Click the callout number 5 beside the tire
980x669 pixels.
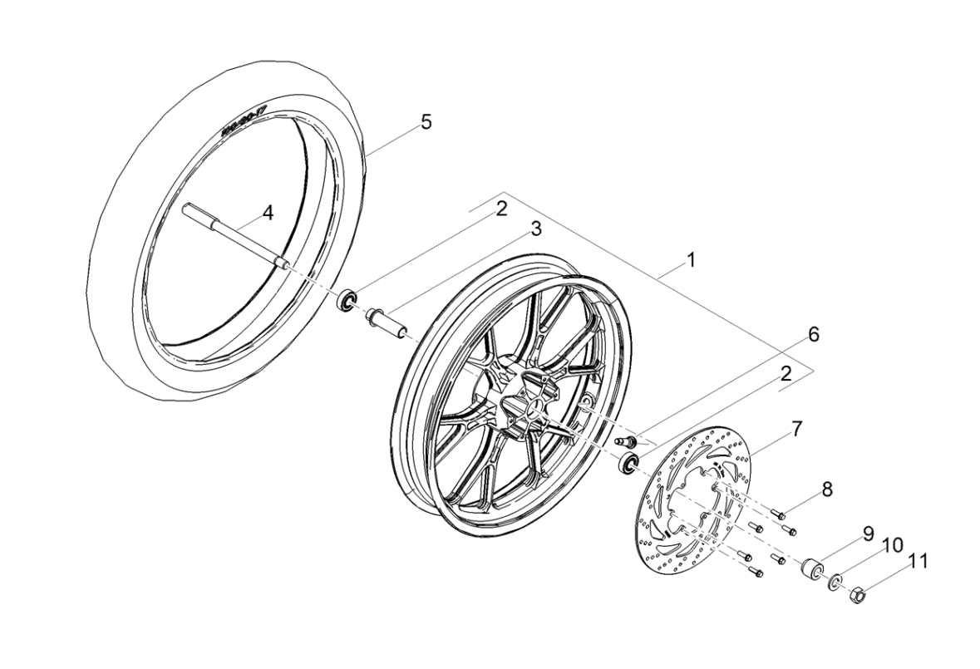426,122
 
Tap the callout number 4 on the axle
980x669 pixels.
267,214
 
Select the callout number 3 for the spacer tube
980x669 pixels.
535,229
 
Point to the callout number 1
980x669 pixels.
690,260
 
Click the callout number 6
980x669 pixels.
814,335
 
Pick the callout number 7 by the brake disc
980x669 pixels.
796,430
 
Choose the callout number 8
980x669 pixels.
827,490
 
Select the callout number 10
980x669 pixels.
891,546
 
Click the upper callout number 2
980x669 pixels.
500,209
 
